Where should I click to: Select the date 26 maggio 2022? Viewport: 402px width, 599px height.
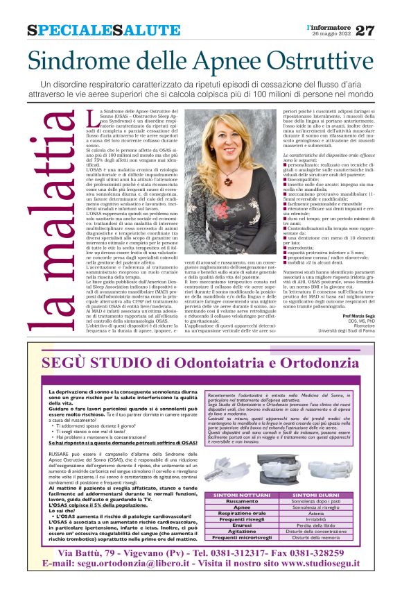(x=327, y=35)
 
